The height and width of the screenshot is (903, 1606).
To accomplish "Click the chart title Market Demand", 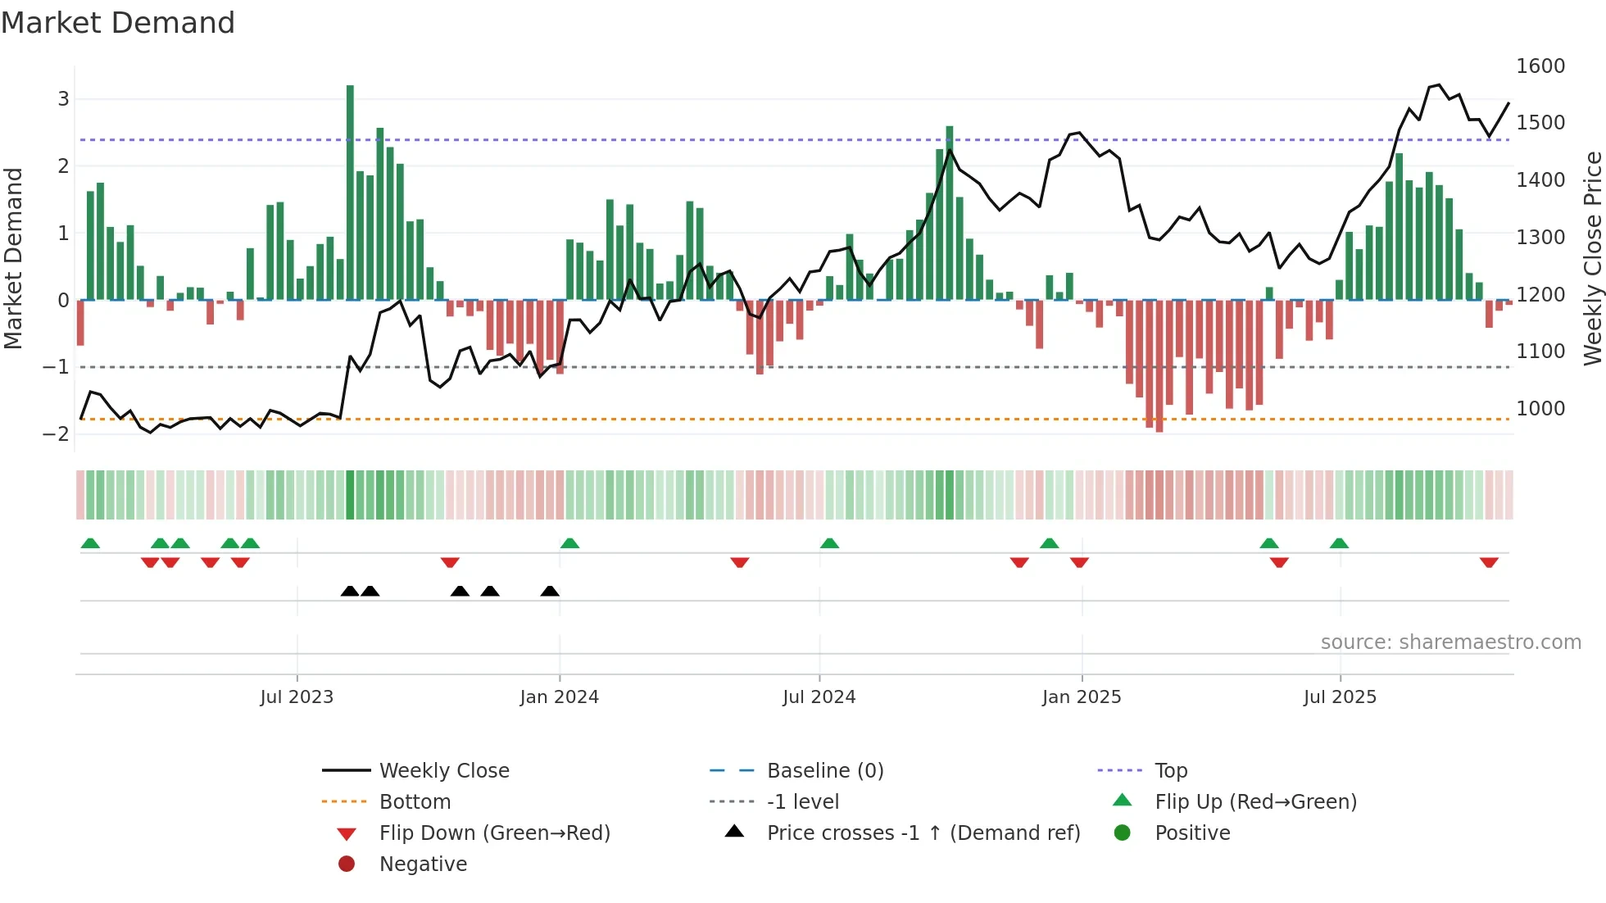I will [x=118, y=23].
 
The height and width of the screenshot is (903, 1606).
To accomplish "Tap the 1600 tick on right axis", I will [x=1540, y=66].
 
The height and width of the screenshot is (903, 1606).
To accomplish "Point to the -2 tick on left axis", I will [x=57, y=433].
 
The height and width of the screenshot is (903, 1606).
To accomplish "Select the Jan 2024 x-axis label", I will [x=559, y=697].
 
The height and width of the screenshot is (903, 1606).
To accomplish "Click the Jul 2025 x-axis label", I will [x=1340, y=697].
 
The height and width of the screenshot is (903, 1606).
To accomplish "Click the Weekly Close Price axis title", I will [x=1592, y=258].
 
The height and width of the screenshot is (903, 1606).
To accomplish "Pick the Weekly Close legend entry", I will [x=443, y=771].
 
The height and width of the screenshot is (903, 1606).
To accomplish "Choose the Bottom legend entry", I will [x=415, y=802].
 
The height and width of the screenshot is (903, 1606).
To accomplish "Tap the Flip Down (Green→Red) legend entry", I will [x=494, y=833].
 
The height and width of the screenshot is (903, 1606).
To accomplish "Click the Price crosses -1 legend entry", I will [x=923, y=833].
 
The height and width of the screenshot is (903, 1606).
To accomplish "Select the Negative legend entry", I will [x=423, y=864].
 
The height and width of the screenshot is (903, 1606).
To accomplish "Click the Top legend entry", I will [x=1170, y=771].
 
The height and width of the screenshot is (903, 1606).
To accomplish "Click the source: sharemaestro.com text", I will [x=1450, y=642].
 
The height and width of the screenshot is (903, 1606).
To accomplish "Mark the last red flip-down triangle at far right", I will [x=1489, y=562].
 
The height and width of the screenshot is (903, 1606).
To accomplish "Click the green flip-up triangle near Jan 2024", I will [x=569, y=543].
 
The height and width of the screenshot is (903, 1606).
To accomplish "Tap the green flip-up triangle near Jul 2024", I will [x=829, y=543].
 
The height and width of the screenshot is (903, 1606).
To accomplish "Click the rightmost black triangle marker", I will [x=550, y=591].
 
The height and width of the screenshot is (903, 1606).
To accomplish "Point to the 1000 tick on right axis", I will [x=1540, y=408].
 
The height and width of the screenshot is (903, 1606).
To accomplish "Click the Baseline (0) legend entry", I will [x=824, y=771].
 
